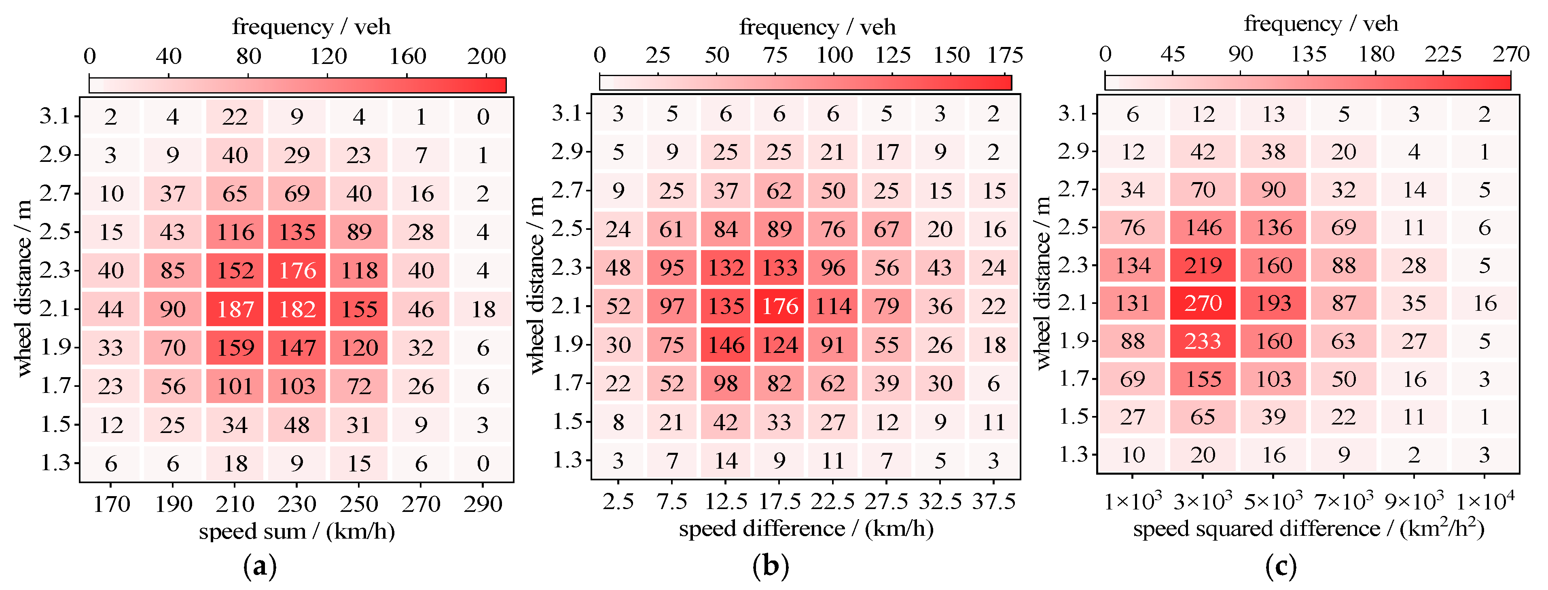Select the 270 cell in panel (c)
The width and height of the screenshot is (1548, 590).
click(x=1203, y=303)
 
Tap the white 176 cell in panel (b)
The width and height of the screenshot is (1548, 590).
click(x=779, y=306)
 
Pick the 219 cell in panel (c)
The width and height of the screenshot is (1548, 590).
click(x=1203, y=265)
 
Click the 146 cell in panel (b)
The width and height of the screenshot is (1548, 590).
click(x=726, y=345)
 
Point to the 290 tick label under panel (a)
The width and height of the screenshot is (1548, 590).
click(x=483, y=504)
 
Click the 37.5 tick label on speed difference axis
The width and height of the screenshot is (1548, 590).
click(x=994, y=501)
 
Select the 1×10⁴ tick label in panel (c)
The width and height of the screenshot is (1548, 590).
click(x=1485, y=501)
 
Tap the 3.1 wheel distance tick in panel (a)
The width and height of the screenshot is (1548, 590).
click(x=55, y=116)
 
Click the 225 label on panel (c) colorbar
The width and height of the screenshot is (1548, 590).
click(x=1443, y=54)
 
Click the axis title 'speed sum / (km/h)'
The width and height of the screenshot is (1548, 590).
click(x=297, y=531)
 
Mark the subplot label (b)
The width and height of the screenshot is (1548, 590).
click(x=771, y=566)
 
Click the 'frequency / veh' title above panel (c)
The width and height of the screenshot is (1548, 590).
click(x=1321, y=24)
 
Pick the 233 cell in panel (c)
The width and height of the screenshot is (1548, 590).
click(x=1203, y=341)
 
